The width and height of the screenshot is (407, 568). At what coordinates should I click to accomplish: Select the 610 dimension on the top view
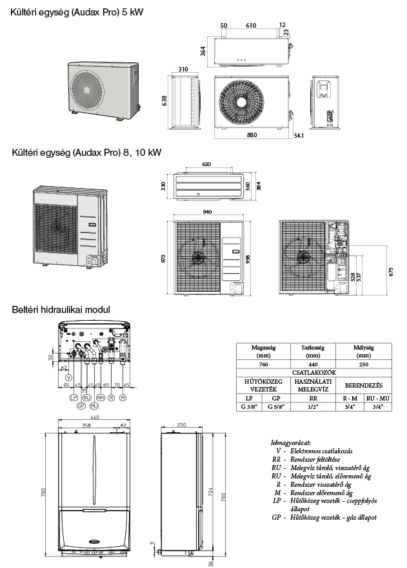250,26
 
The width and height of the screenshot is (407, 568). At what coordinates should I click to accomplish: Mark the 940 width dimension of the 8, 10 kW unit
206,211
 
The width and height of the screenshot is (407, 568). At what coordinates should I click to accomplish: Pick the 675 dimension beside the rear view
392,271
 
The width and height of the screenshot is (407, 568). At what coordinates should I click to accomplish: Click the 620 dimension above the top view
206,165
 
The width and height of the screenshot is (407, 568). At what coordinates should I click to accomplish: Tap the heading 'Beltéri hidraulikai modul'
61,310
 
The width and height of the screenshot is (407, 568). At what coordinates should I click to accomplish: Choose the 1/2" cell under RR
312,407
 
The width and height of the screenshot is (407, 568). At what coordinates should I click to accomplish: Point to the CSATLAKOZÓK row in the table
312,372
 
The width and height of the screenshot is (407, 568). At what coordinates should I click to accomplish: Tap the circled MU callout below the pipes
94,406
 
